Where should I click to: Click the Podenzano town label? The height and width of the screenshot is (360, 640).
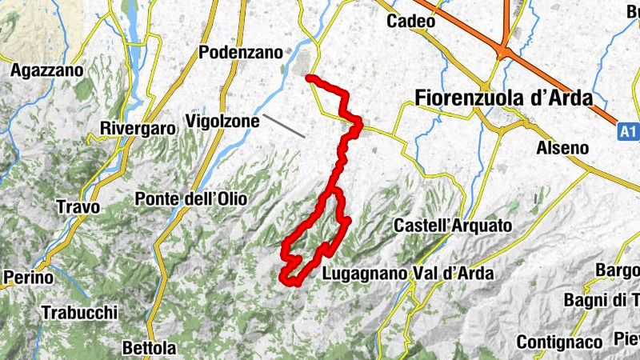tap(240, 53)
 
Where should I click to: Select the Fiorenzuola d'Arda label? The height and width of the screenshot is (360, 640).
tap(504, 98)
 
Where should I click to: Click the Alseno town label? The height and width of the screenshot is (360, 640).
tap(562, 148)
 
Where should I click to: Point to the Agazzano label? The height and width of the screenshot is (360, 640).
tap(46, 70)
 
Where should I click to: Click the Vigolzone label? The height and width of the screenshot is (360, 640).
tap(222, 122)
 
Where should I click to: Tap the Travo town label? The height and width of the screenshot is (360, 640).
tap(78, 207)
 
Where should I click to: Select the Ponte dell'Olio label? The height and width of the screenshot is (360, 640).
tap(191, 198)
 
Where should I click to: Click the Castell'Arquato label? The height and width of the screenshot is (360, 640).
tap(452, 226)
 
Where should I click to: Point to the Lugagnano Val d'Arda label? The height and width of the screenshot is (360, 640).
tap(407, 274)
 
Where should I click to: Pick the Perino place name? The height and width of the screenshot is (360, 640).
tap(28, 278)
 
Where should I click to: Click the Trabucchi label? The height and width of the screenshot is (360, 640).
tap(80, 313)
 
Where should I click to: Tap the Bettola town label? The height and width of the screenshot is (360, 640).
tap(149, 349)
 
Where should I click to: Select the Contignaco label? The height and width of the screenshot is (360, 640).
tap(558, 342)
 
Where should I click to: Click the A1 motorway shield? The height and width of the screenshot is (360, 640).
tap(629, 129)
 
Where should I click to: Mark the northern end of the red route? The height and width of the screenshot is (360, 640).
tap(309, 77)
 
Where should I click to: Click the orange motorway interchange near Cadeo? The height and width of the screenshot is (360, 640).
tap(503, 51)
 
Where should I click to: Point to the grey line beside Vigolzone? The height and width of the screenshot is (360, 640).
tap(284, 126)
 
